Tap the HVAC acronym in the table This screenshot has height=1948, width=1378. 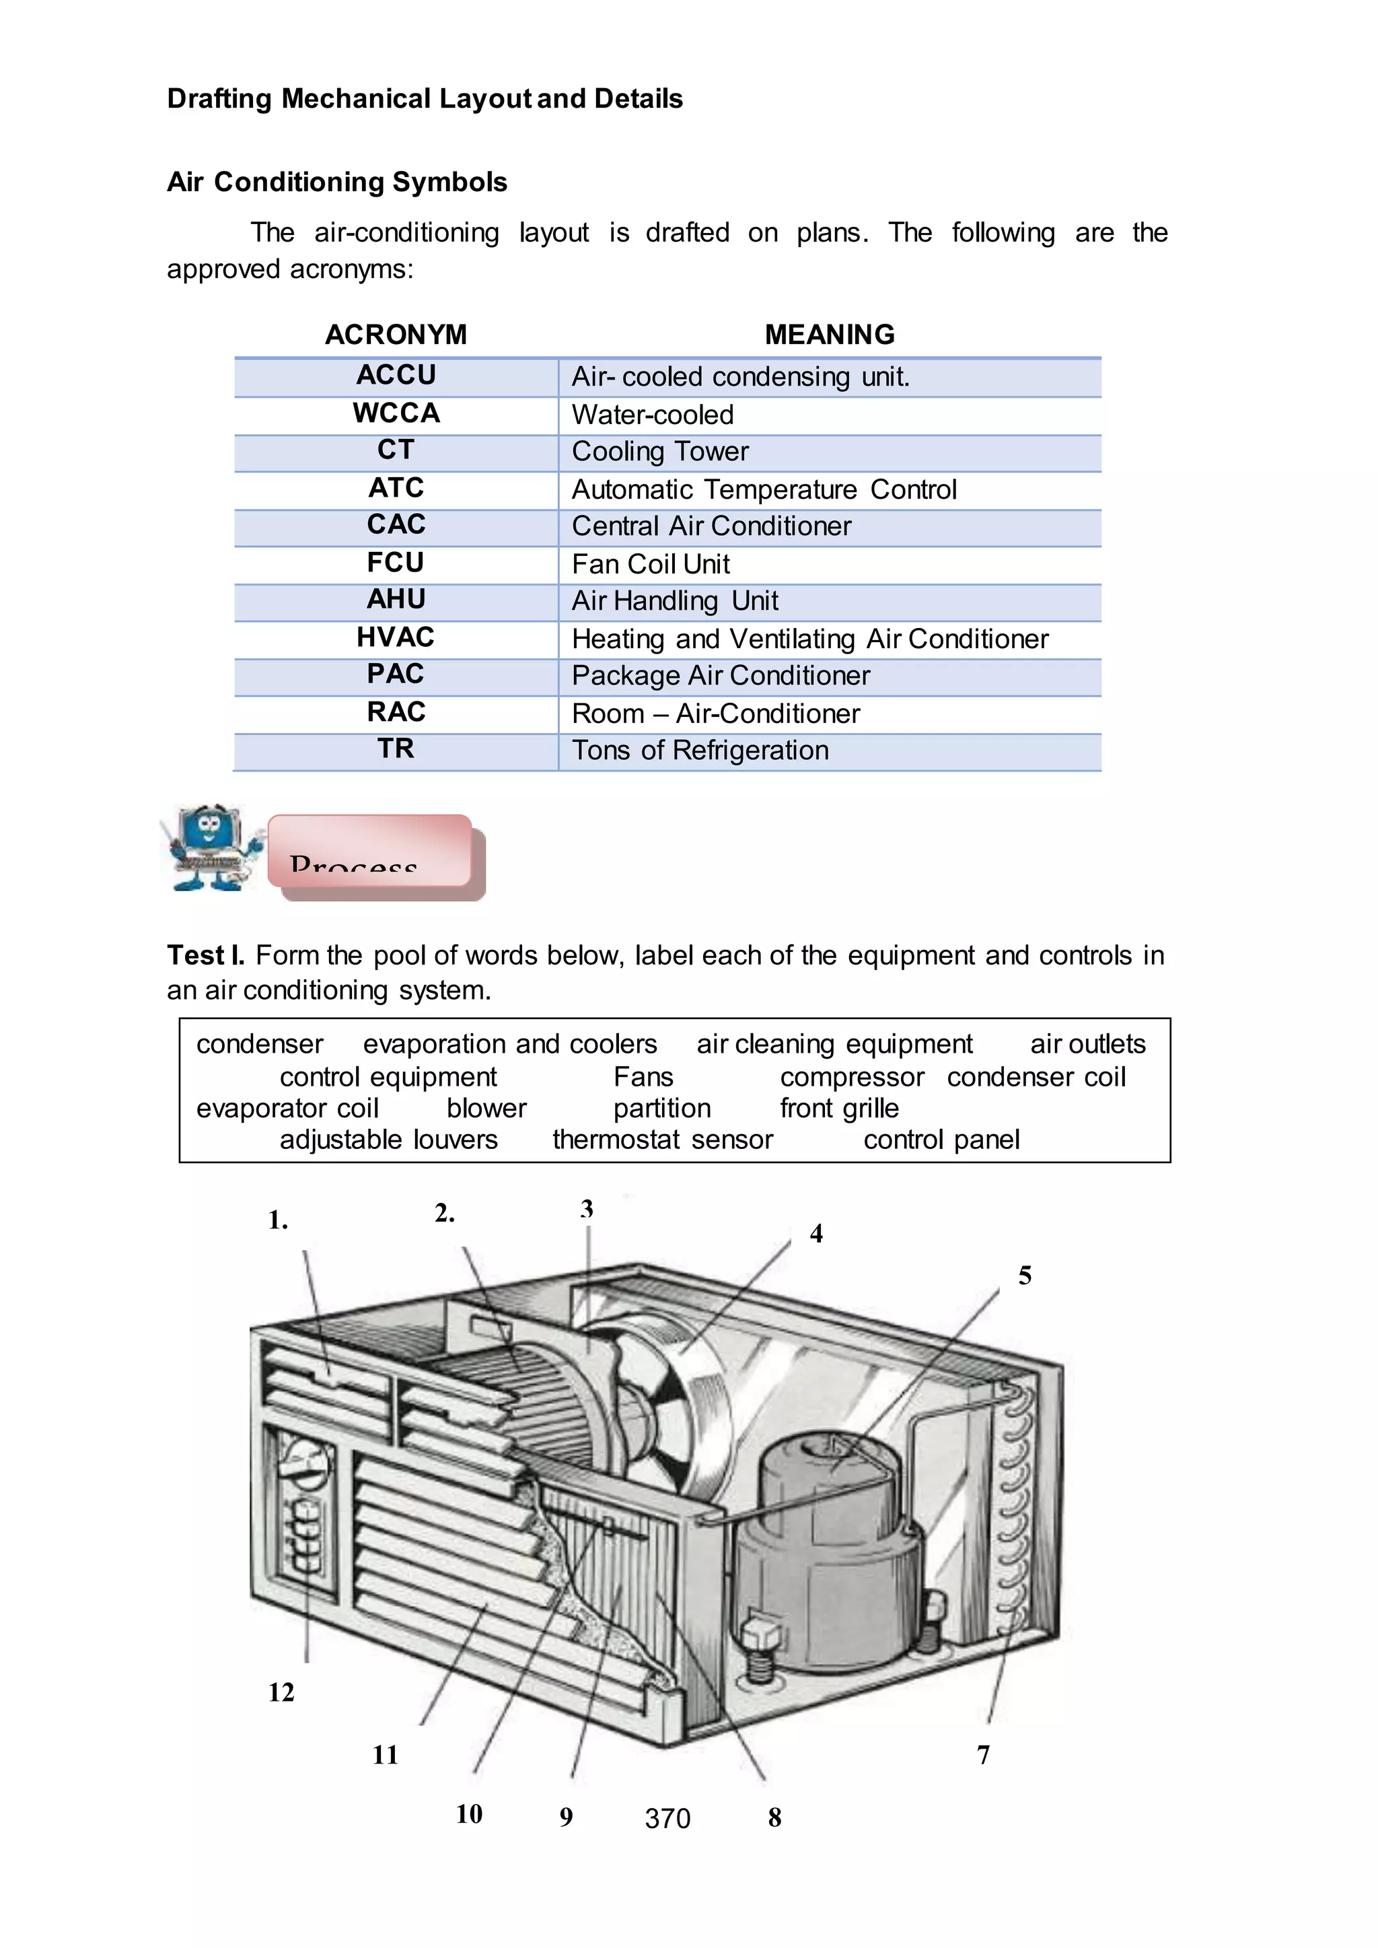(x=396, y=637)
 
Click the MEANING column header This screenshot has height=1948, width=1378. (x=829, y=335)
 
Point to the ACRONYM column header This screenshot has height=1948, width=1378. (x=396, y=335)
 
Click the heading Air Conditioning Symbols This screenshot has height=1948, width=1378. (x=337, y=182)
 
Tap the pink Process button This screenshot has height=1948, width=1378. (x=370, y=851)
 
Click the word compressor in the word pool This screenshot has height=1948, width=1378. (x=851, y=1077)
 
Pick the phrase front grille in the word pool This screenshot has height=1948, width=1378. (x=838, y=1109)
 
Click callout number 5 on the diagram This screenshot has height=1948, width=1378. (x=1024, y=1276)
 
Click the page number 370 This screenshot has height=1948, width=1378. (x=667, y=1818)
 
